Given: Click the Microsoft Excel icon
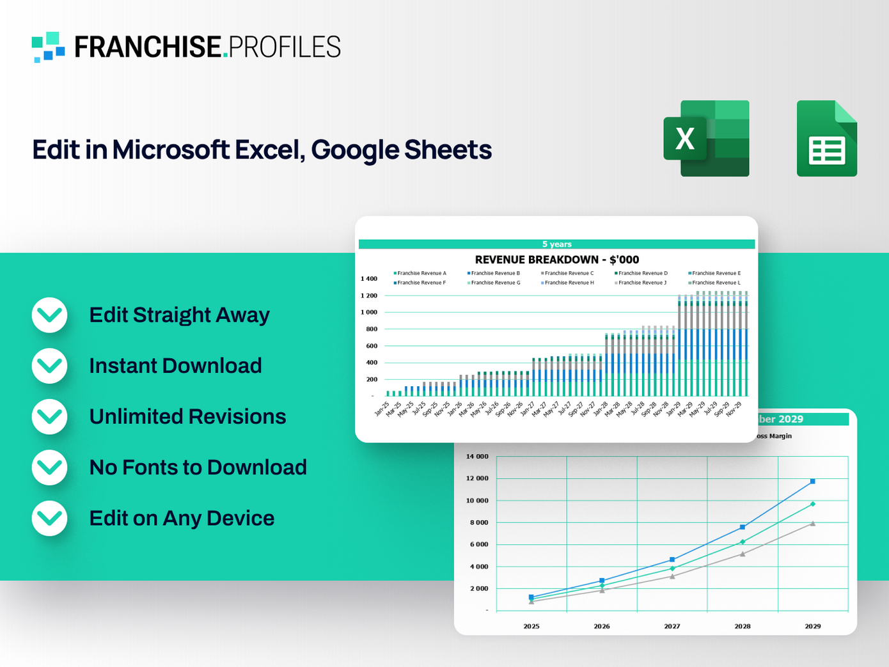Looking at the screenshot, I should click(706, 138).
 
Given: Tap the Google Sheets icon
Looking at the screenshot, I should click(826, 138).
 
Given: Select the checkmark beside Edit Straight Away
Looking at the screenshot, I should click(50, 315).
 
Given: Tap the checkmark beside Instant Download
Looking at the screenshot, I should click(50, 366).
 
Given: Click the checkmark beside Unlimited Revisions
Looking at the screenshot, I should click(50, 417).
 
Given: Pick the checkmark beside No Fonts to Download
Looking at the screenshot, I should click(50, 467).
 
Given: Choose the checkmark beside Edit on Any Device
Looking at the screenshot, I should click(50, 518).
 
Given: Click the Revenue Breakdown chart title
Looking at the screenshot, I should click(556, 260).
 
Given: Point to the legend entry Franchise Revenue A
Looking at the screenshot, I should click(421, 273).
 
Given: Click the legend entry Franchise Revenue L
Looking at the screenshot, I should click(716, 283).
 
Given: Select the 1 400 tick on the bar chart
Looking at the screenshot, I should click(369, 279).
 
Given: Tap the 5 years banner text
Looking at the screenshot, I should click(556, 244).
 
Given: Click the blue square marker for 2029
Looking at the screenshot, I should click(813, 481).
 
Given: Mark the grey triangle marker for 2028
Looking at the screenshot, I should click(743, 554).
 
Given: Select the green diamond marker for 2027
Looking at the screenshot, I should click(672, 569).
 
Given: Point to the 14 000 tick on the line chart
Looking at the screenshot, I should click(477, 457).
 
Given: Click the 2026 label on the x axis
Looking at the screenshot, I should click(602, 626).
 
